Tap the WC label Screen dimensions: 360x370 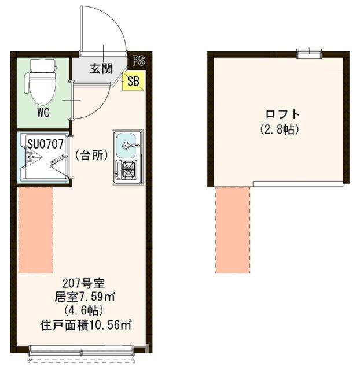coord(43,113)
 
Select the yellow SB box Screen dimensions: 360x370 coord(133,81)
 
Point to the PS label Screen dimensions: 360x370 coord(138,60)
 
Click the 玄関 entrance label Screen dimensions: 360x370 coord(101,69)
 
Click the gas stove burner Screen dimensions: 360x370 coord(128,169)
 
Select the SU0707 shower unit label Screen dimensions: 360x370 coord(45,144)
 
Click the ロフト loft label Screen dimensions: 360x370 coord(282,114)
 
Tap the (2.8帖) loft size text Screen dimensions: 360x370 coord(280,129)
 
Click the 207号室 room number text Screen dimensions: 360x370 coord(83,283)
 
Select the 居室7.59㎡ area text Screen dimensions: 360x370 coord(85,297)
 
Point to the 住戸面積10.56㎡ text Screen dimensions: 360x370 coord(86,325)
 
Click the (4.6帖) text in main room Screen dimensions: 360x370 coord(83,311)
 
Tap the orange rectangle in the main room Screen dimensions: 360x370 coord(36,230)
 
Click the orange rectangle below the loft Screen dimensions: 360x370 coord(233,230)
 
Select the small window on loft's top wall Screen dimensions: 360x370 coord(309,53)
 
